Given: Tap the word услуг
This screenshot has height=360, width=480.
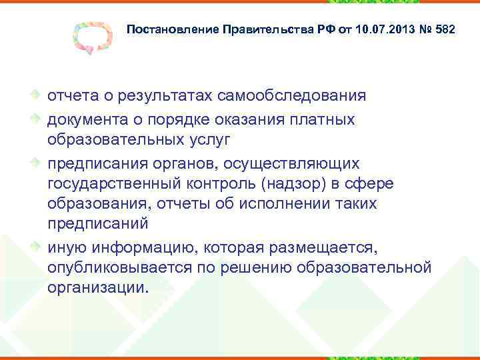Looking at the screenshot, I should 193,139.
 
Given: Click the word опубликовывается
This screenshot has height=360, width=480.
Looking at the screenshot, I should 127,269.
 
